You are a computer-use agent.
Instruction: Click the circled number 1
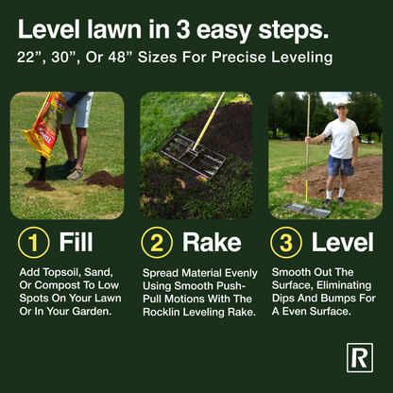coord(34,242)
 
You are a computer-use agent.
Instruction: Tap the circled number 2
coord(156,242)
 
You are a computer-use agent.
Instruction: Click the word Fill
coord(76,242)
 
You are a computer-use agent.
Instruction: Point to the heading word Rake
coord(212,242)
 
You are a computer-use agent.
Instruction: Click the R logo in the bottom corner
coord(360,357)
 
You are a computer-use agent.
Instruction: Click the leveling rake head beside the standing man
coord(308,209)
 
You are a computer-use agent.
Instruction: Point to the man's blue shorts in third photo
coord(340,165)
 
